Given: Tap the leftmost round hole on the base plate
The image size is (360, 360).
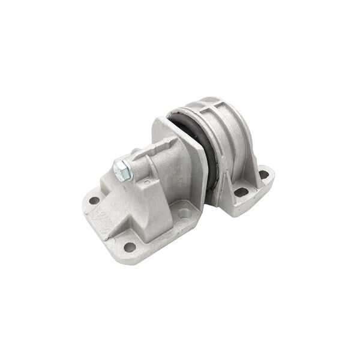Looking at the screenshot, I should (94, 200).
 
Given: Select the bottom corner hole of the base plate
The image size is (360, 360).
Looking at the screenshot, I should (130, 246).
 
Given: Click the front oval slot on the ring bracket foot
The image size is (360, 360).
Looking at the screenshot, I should (241, 193).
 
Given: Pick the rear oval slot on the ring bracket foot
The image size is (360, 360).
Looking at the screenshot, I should (263, 175).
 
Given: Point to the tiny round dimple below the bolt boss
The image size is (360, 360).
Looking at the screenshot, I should (145, 185).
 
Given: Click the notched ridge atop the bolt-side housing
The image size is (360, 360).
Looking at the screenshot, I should (157, 145).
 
